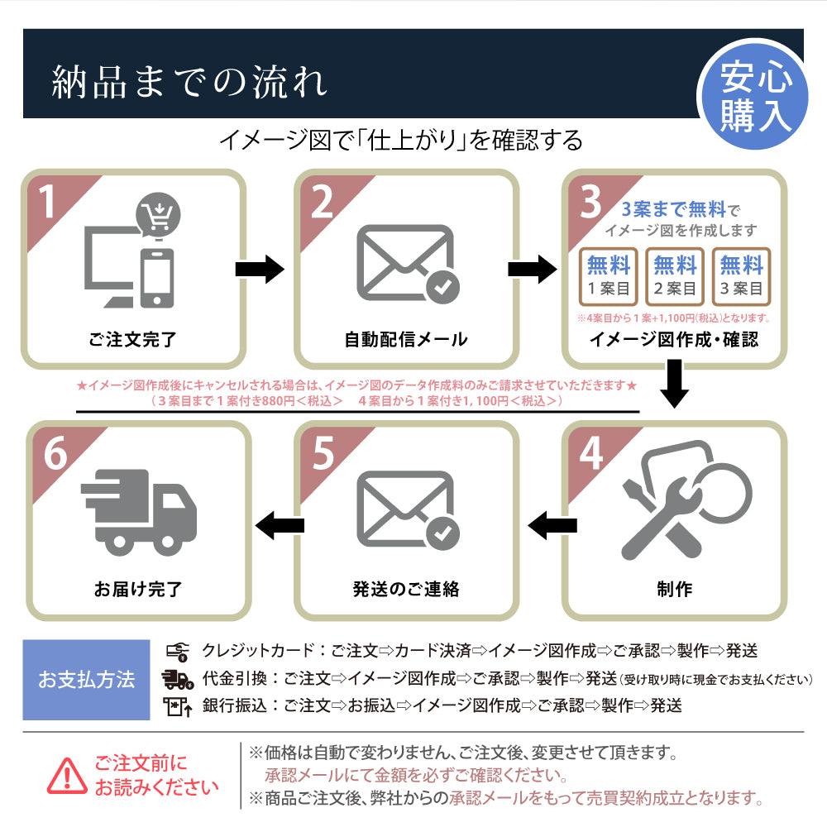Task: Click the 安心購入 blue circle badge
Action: [x=755, y=97]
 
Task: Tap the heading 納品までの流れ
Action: [x=189, y=82]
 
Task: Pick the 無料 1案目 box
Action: [x=609, y=276]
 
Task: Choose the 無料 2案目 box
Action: [x=675, y=276]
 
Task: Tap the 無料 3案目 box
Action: [x=741, y=276]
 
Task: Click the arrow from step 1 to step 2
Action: [x=260, y=269]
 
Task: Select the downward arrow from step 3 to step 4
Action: [x=675, y=385]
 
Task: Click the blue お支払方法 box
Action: [x=86, y=680]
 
